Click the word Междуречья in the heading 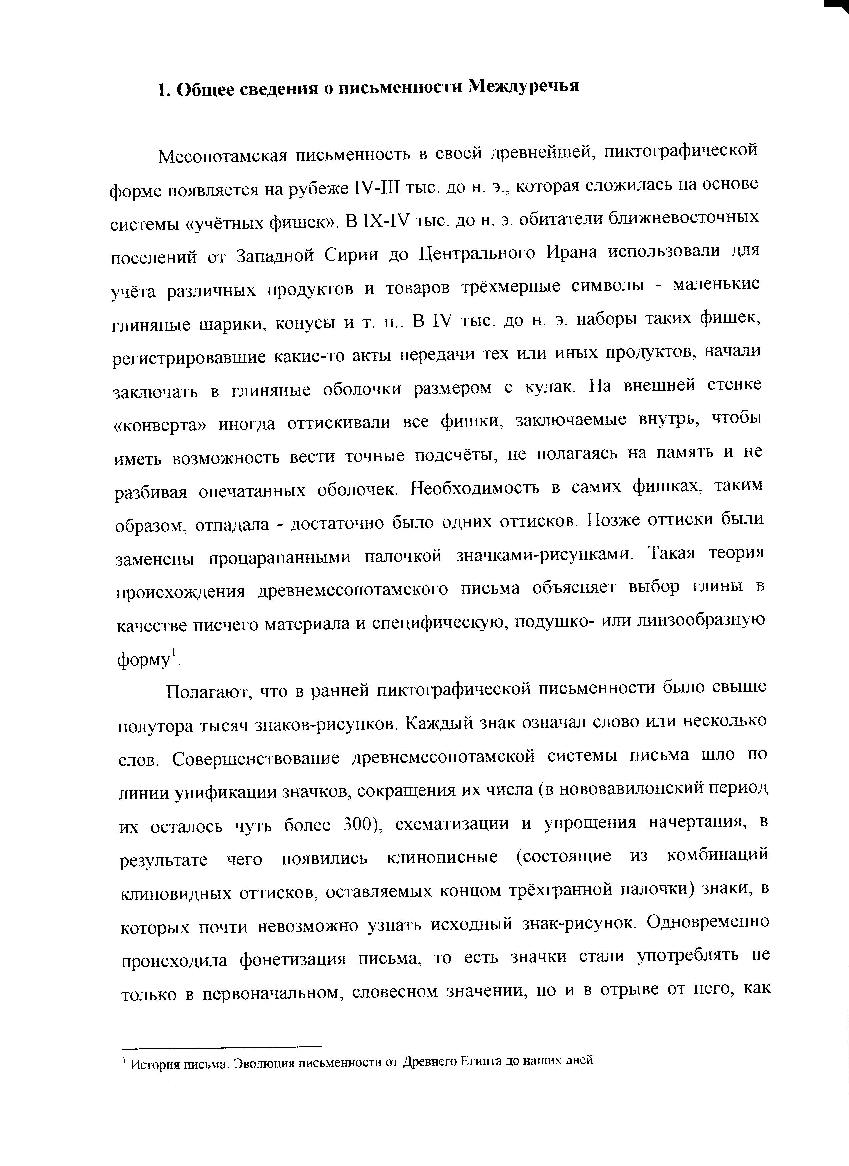(524, 86)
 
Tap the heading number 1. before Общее (163, 90)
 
